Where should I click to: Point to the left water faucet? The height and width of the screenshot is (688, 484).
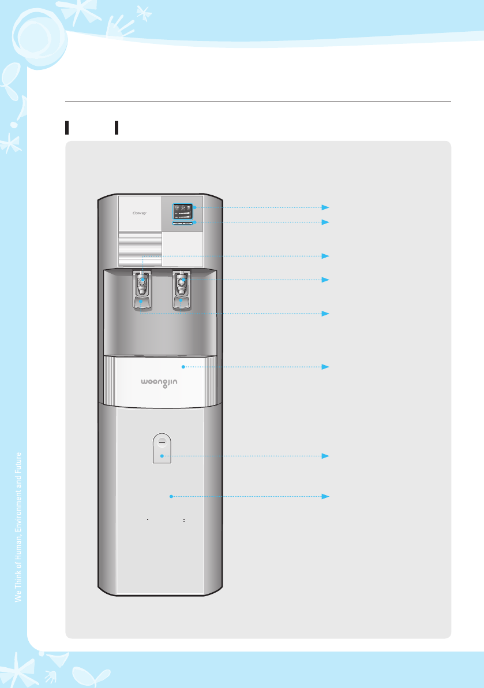tap(142, 283)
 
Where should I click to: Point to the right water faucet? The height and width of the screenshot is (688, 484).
tap(182, 282)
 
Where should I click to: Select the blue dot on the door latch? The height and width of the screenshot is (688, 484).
tap(163, 456)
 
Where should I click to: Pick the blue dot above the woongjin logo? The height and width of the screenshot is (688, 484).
tap(183, 367)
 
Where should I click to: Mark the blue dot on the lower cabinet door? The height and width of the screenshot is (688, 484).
tap(171, 496)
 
